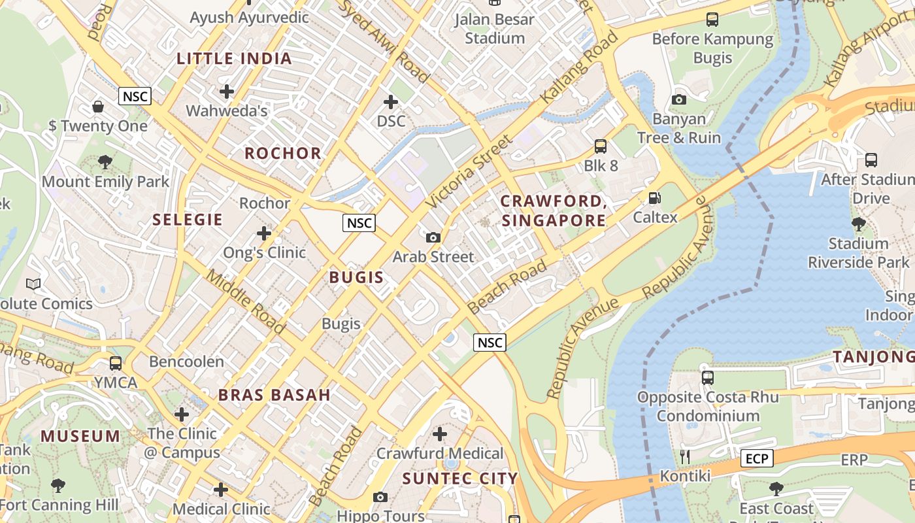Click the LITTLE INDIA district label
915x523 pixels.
pyautogui.click(x=234, y=59)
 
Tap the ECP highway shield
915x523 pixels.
pyautogui.click(x=757, y=459)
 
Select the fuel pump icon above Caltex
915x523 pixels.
pyautogui.click(x=654, y=198)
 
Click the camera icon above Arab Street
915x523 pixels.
pyautogui.click(x=433, y=238)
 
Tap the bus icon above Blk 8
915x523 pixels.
pyautogui.click(x=600, y=146)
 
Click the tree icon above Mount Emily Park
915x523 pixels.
pyautogui.click(x=105, y=162)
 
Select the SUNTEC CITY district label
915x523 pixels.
pyautogui.click(x=459, y=479)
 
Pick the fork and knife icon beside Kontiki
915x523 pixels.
pyautogui.click(x=685, y=457)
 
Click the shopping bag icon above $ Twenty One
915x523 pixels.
pyautogui.click(x=98, y=107)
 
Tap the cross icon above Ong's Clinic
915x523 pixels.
pyautogui.click(x=264, y=233)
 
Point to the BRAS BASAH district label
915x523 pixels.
pyautogui.click(x=274, y=395)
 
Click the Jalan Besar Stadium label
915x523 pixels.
pyautogui.click(x=495, y=29)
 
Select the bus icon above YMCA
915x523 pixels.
pyautogui.click(x=116, y=363)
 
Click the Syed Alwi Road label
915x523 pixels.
pyautogui.click(x=386, y=41)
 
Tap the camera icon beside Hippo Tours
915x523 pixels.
pyautogui.click(x=380, y=498)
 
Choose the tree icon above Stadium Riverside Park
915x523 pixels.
pyautogui.click(x=858, y=224)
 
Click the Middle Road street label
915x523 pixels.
pyautogui.click(x=245, y=301)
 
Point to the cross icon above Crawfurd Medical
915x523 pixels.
pyautogui.click(x=440, y=433)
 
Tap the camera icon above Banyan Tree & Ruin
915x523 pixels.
pyautogui.click(x=679, y=99)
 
